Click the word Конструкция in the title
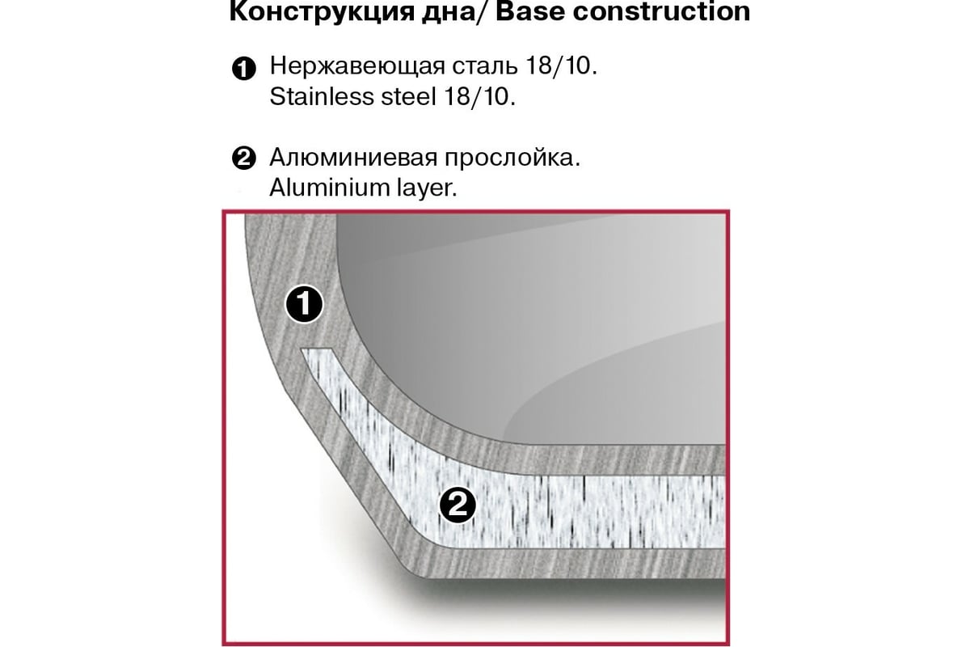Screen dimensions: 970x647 (322, 11)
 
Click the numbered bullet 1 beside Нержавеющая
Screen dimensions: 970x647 (244, 69)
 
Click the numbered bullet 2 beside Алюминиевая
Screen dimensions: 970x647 (244, 159)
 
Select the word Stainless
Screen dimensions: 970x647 (322, 96)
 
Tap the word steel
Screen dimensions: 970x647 (408, 96)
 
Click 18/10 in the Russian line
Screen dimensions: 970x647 (561, 66)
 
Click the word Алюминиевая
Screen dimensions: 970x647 (353, 158)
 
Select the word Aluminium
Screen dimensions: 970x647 (329, 188)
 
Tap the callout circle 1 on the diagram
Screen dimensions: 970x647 (304, 303)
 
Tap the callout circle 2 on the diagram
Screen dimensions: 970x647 (458, 505)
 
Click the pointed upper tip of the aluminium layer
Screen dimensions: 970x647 (302, 349)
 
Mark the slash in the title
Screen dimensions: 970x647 (484, 11)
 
